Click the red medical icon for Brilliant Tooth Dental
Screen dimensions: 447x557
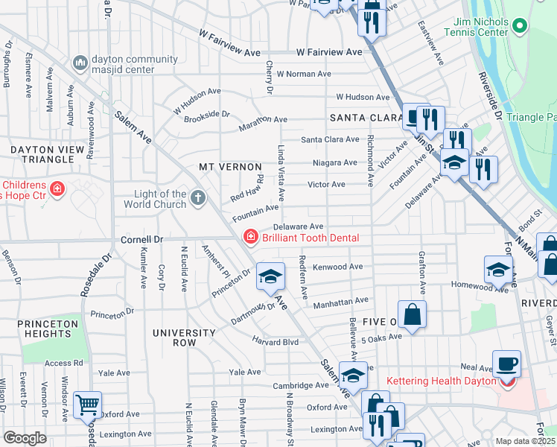[250, 237]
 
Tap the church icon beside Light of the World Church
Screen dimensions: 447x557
[197, 198]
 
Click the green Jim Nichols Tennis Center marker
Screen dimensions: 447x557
[520, 27]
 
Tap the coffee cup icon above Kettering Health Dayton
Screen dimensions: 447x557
[506, 364]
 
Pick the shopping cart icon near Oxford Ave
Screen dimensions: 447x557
[88, 405]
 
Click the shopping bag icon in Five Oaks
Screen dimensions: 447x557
[412, 314]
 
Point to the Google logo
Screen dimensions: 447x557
[24, 438]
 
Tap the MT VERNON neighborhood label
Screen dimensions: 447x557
[230, 167]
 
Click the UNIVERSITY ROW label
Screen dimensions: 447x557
[174, 337]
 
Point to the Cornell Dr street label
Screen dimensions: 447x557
[141, 241]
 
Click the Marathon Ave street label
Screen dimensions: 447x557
[263, 120]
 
